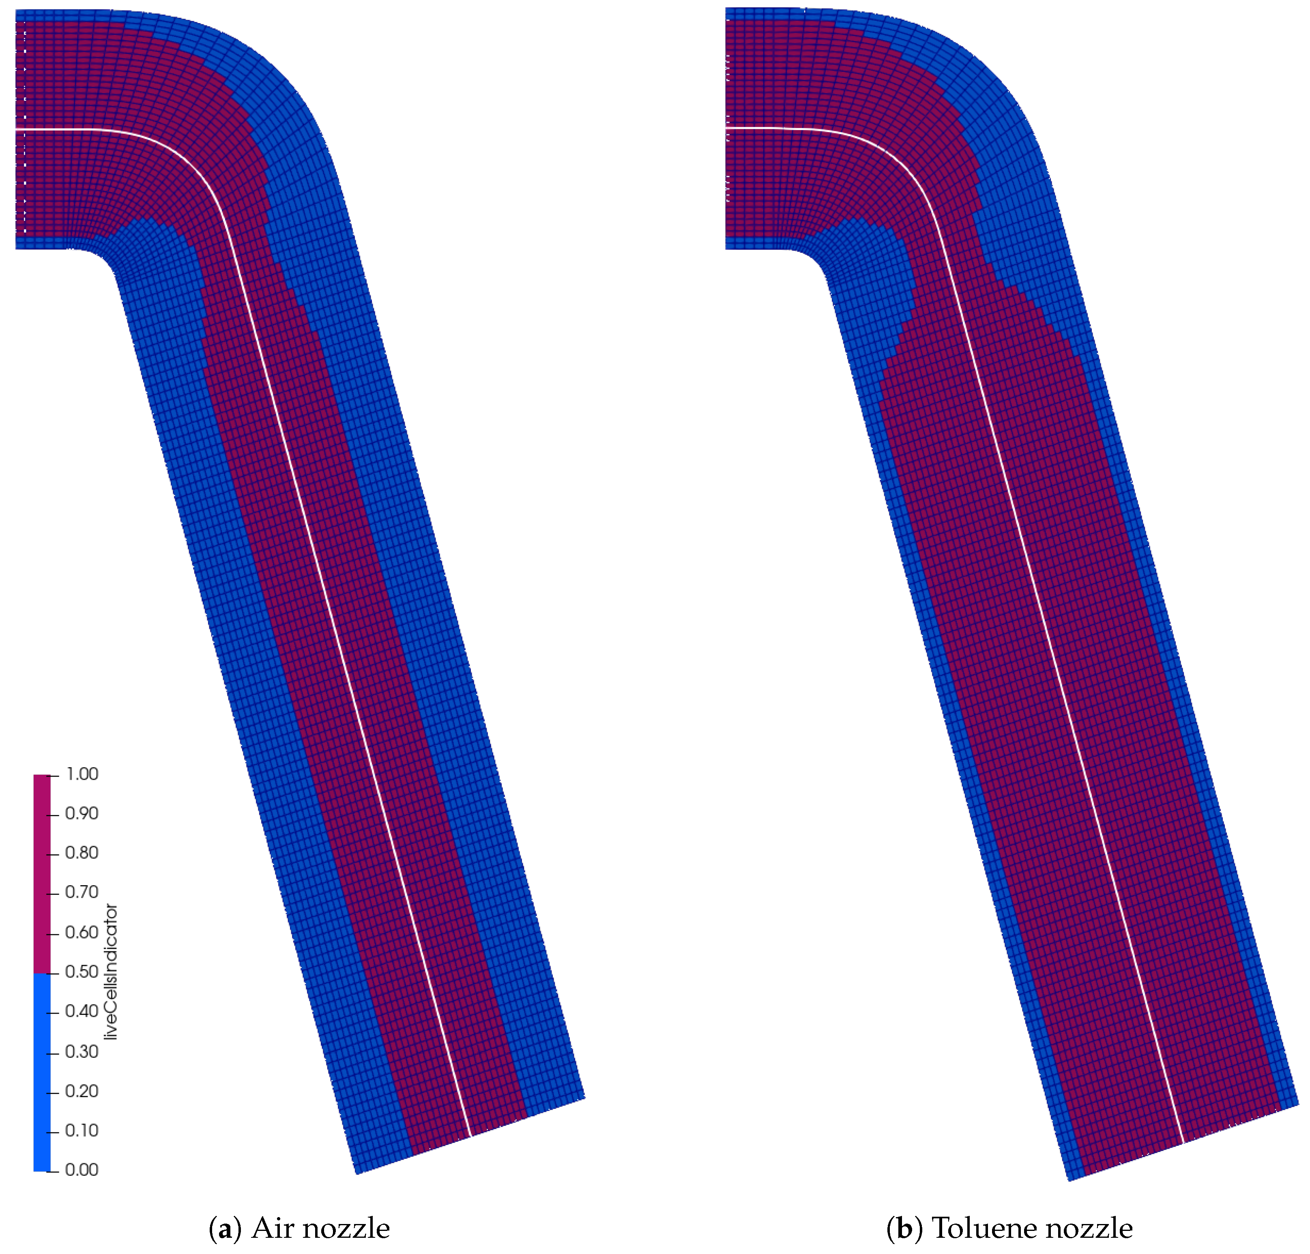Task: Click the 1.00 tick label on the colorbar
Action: (82, 774)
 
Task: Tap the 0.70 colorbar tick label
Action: (82, 892)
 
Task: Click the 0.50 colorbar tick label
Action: (82, 972)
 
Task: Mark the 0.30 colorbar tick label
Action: (82, 1052)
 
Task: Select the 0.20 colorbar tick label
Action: (82, 1091)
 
